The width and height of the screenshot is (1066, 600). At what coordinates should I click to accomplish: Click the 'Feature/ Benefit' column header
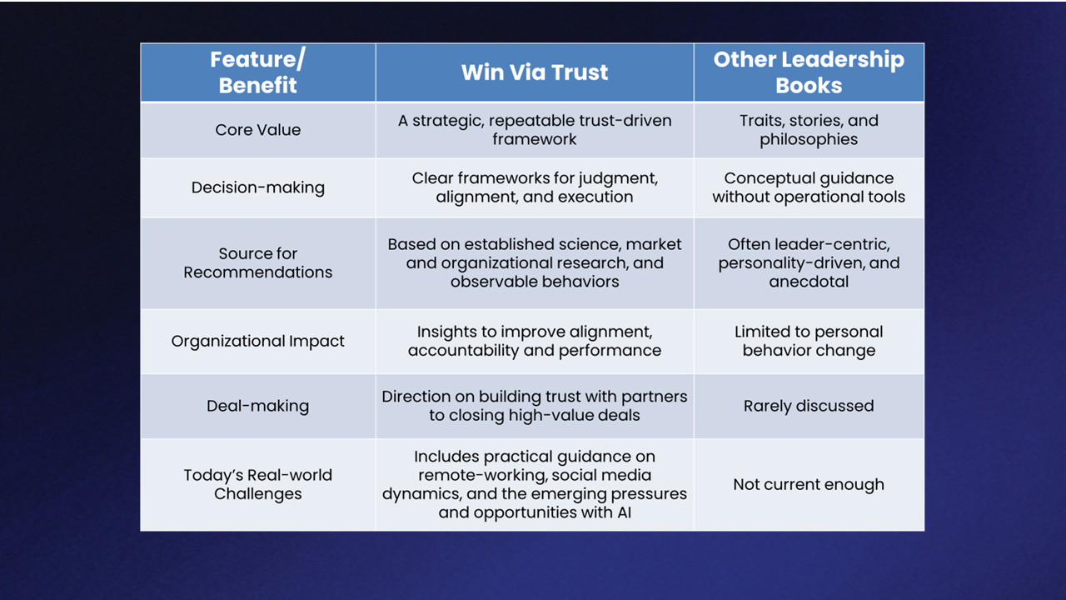point(257,72)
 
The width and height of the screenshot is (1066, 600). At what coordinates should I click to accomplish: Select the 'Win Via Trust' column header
point(535,72)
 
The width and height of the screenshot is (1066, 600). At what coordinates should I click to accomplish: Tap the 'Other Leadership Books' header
point(809,72)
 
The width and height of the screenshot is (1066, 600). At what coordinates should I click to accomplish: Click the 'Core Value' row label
point(257,129)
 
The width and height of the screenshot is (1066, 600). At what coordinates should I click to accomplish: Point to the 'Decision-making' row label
point(257,187)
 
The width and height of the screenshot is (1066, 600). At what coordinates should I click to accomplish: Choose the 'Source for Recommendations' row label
point(257,262)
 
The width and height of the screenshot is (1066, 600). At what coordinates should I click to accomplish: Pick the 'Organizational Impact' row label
point(257,341)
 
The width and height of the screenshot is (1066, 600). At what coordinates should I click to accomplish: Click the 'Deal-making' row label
point(257,406)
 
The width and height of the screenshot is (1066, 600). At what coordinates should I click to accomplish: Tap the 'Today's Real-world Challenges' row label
point(257,484)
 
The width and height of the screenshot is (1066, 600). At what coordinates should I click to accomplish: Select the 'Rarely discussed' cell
point(809,406)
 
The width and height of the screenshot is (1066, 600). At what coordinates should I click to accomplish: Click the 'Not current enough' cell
point(809,484)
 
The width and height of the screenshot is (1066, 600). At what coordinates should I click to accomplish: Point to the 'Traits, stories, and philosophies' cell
point(809,129)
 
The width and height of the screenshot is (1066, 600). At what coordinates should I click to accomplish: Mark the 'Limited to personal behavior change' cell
point(809,341)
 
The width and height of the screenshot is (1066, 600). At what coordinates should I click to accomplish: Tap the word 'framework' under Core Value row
point(535,139)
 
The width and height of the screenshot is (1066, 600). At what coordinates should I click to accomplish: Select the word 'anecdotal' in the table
point(809,282)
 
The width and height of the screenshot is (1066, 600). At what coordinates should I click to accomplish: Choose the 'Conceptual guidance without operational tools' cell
point(809,187)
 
